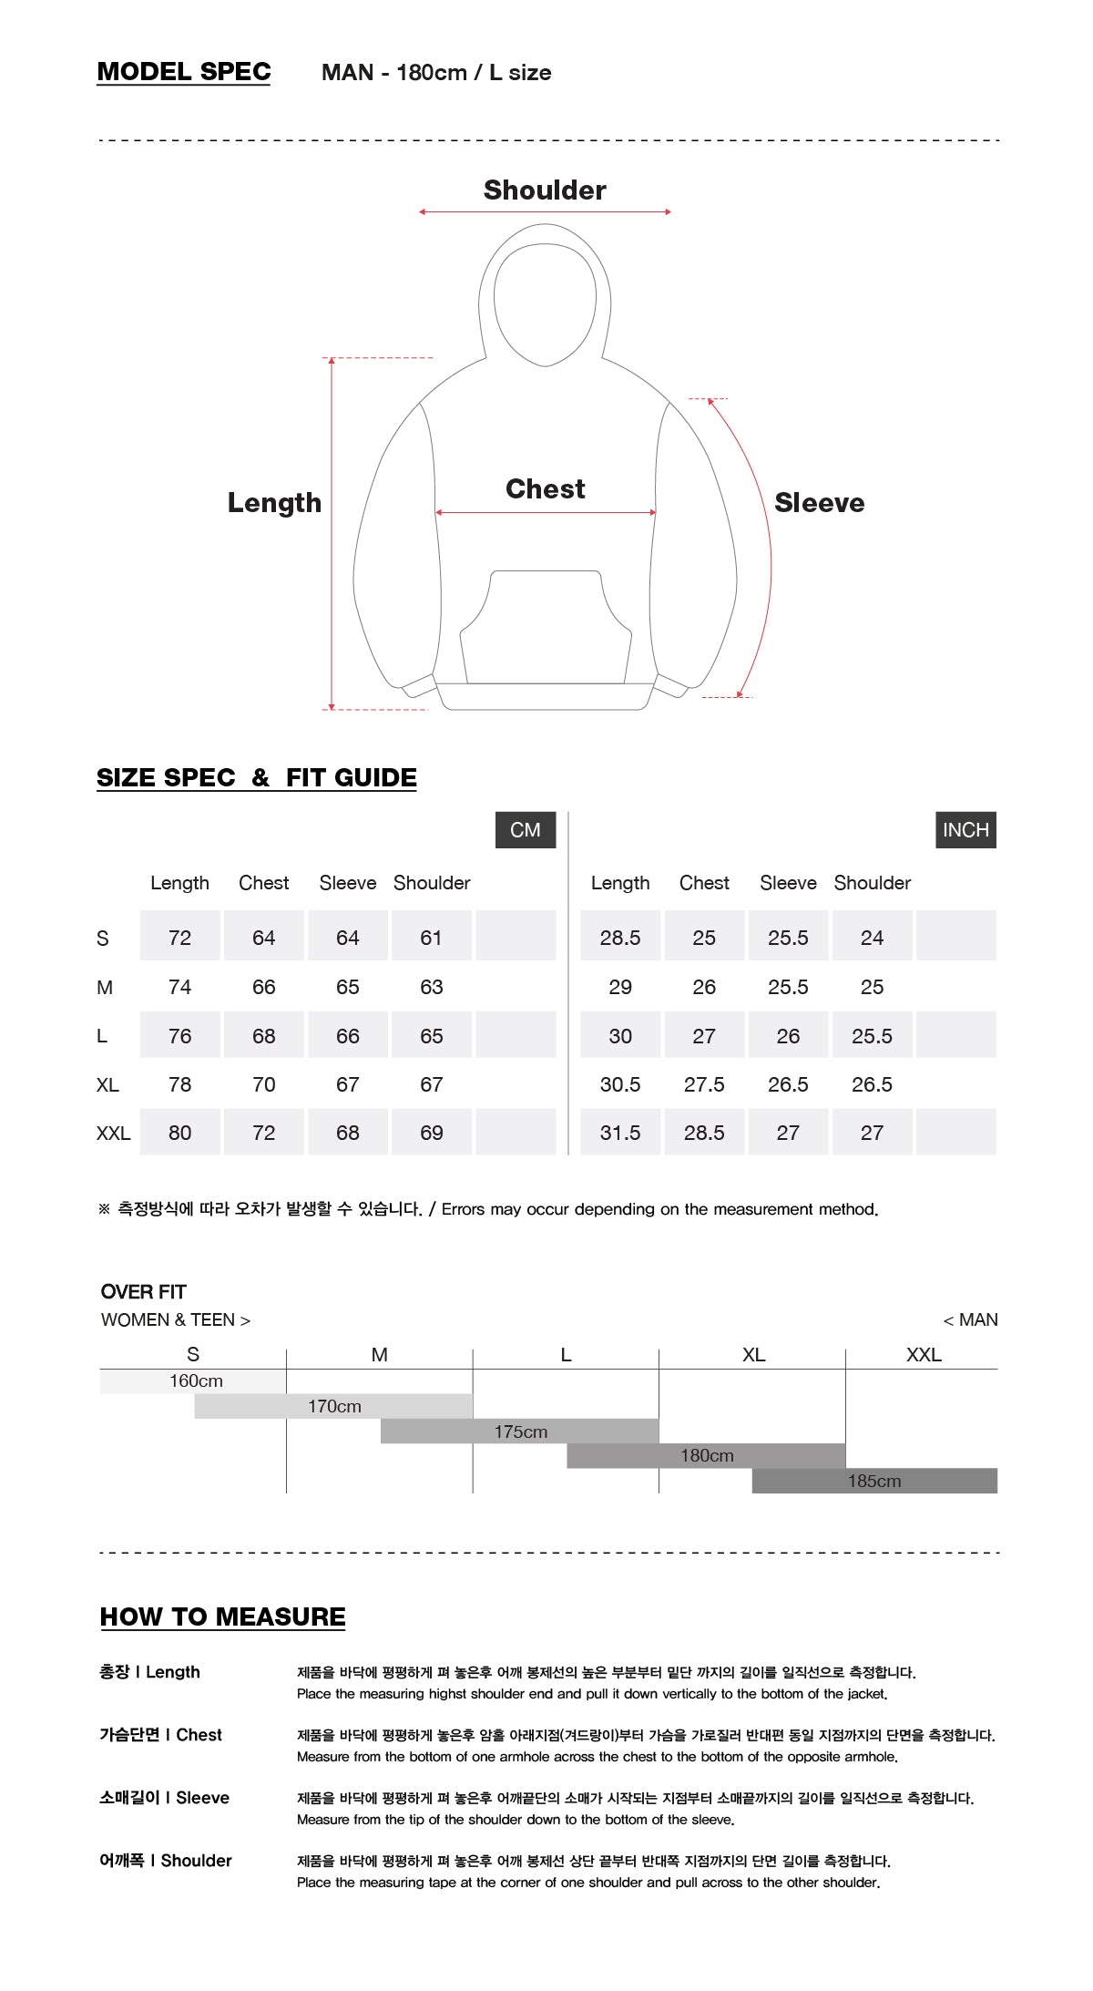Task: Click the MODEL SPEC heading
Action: [x=184, y=72]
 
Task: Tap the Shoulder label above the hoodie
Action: [x=545, y=190]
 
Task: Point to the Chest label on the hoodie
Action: [x=545, y=489]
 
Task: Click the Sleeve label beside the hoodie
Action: [x=819, y=503]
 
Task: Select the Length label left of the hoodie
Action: [x=274, y=503]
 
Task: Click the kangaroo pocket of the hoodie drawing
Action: [x=545, y=629]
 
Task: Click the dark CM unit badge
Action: [x=526, y=830]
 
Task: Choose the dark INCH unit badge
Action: [x=965, y=830]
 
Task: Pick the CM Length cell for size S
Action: [x=179, y=938]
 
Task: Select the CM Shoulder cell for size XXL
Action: [x=432, y=1133]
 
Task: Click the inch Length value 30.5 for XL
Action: [x=620, y=1084]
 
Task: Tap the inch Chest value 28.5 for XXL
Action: [x=704, y=1133]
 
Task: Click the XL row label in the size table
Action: [x=107, y=1084]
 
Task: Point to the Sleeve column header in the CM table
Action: [x=348, y=883]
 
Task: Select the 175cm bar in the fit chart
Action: [x=520, y=1432]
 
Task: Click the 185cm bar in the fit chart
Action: [x=874, y=1481]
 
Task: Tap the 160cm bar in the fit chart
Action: [x=194, y=1381]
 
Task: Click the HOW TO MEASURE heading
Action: [x=223, y=1617]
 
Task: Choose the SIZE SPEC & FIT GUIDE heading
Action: [x=257, y=778]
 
